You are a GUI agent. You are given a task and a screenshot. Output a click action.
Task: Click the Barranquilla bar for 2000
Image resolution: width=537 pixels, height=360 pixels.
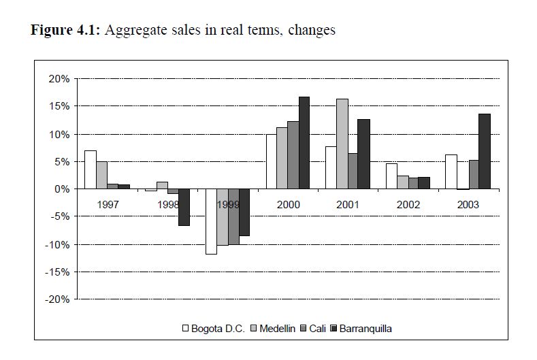pyautogui.click(x=304, y=143)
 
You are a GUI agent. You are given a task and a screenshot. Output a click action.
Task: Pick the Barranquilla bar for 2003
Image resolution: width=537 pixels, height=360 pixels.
pyautogui.click(x=485, y=151)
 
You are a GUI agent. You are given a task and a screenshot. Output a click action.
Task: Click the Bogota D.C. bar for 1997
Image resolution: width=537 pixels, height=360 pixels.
pyautogui.click(x=90, y=169)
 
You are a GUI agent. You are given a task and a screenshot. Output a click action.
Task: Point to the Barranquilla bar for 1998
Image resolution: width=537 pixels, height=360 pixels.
pyautogui.click(x=184, y=207)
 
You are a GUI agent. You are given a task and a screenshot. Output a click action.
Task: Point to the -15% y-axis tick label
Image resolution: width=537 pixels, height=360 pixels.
pyautogui.click(x=58, y=272)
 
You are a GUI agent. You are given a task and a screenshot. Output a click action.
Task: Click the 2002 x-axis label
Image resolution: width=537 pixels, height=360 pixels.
pyautogui.click(x=408, y=204)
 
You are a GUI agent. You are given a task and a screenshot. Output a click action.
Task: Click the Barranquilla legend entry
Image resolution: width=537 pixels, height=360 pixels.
pyautogui.click(x=365, y=329)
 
